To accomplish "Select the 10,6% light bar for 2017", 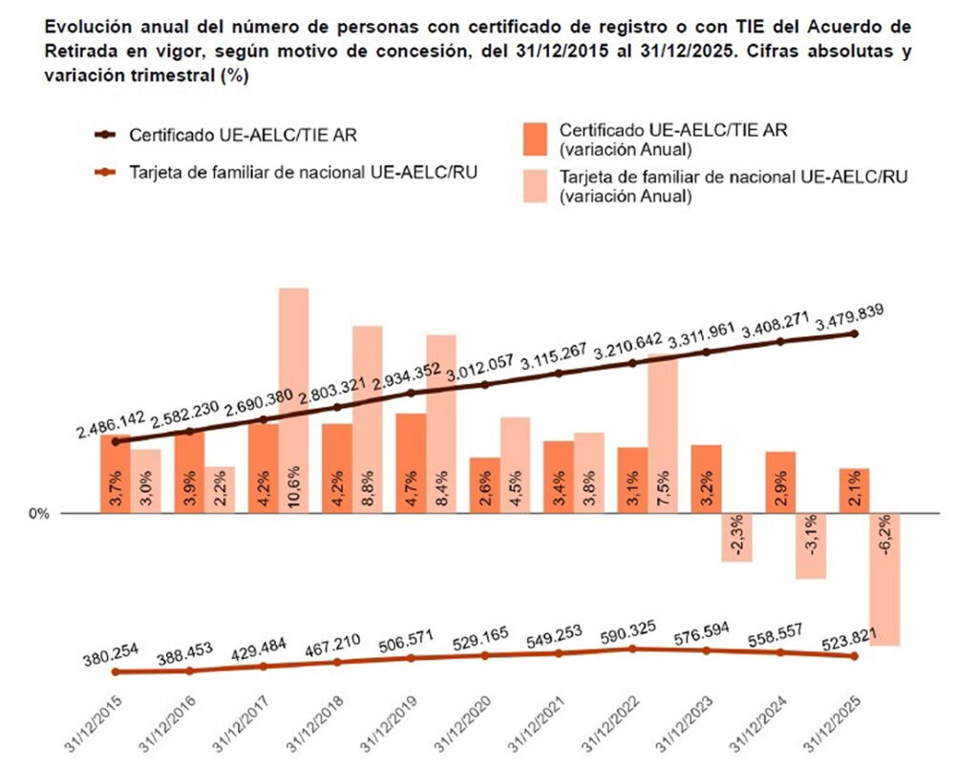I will click(x=293, y=401).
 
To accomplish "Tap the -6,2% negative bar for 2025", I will click(x=887, y=579).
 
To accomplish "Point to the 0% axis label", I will click(x=39, y=514).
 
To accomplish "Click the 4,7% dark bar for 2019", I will click(x=411, y=463).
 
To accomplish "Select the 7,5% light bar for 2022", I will click(x=664, y=435).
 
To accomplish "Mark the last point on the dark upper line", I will click(x=855, y=333).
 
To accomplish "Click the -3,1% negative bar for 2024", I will click(x=811, y=545).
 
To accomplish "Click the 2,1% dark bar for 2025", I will click(x=855, y=491).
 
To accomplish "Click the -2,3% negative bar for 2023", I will click(x=736, y=537).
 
